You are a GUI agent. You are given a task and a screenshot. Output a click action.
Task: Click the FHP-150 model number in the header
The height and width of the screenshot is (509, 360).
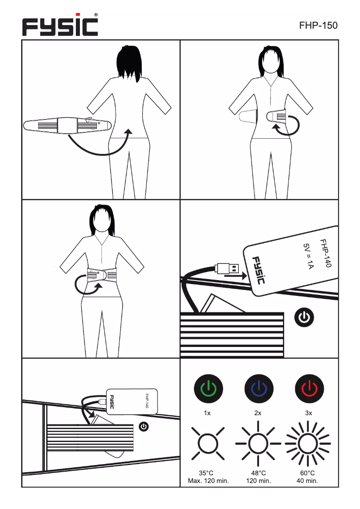(x=318, y=26)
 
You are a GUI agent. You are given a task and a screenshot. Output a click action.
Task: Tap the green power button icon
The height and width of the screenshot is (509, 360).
(x=207, y=389)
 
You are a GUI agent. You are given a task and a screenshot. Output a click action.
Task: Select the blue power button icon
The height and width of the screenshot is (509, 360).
(x=259, y=389)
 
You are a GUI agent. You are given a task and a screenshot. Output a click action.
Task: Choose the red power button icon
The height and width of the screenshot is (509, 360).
(x=309, y=389)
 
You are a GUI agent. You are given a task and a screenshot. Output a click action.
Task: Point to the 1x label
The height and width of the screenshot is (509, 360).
(x=207, y=413)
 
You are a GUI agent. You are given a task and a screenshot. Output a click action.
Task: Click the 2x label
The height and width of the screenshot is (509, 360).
(x=258, y=413)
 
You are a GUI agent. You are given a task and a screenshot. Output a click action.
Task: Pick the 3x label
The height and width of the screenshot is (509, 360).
(x=309, y=413)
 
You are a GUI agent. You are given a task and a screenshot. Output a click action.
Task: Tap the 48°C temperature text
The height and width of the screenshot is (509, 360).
(x=258, y=473)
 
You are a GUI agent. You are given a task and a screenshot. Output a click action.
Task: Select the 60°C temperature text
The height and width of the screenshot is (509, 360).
(x=307, y=473)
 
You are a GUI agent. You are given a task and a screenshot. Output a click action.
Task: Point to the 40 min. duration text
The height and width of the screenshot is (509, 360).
(x=307, y=481)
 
